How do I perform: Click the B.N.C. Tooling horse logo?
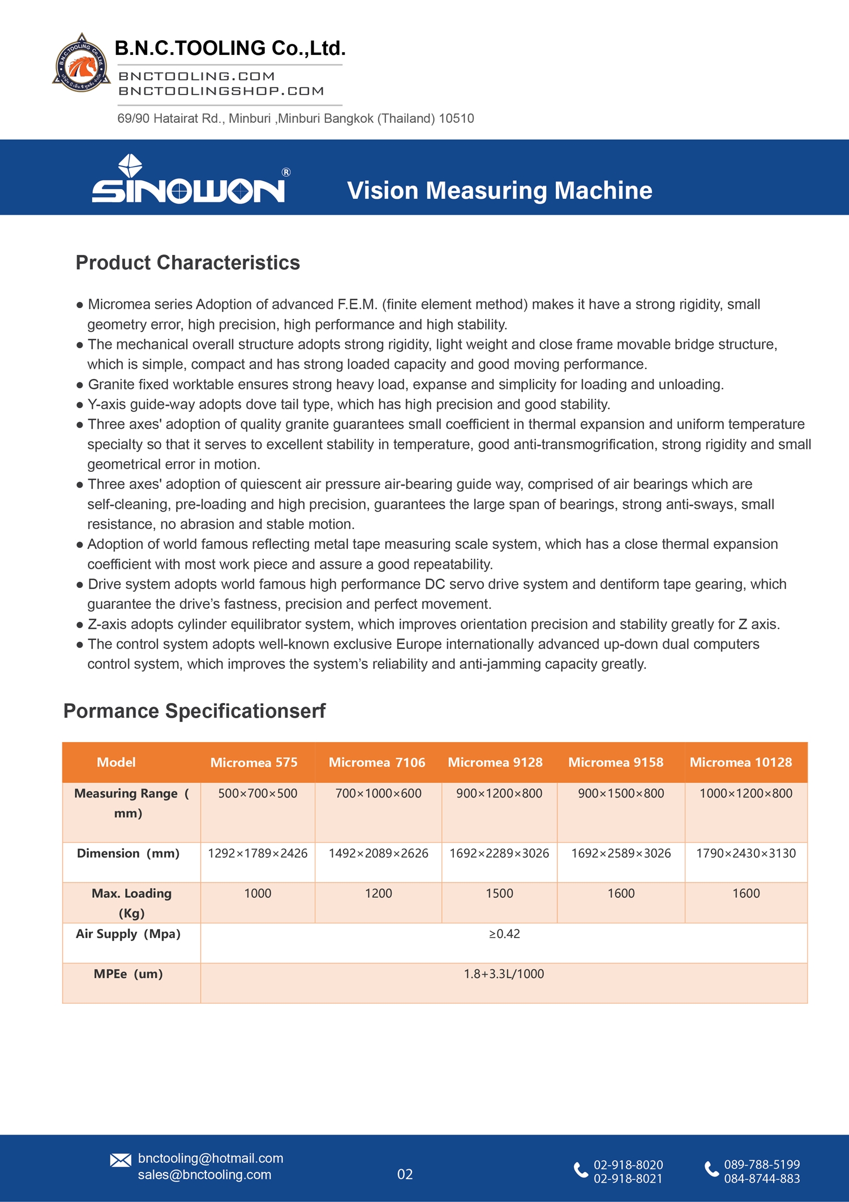pos(82,63)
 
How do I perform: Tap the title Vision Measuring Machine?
pos(499,190)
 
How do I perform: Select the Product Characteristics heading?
pos(187,263)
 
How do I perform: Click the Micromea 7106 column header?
pos(376,762)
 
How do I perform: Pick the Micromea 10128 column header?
pos(740,762)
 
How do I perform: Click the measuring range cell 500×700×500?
pos(258,794)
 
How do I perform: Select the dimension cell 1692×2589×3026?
pos(620,854)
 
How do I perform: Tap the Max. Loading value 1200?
pos(378,894)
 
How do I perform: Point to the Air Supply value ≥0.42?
pos(504,934)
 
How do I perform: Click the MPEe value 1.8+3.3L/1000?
pos(504,974)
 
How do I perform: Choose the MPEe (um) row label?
pos(128,974)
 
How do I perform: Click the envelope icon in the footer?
pos(121,1161)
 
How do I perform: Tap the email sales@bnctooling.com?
pos(204,1175)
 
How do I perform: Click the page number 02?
pos(405,1174)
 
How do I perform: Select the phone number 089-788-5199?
pos(762,1165)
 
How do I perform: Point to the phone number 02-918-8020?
pos(628,1165)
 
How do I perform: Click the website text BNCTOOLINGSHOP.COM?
pos(221,91)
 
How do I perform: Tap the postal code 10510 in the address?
pos(456,118)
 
